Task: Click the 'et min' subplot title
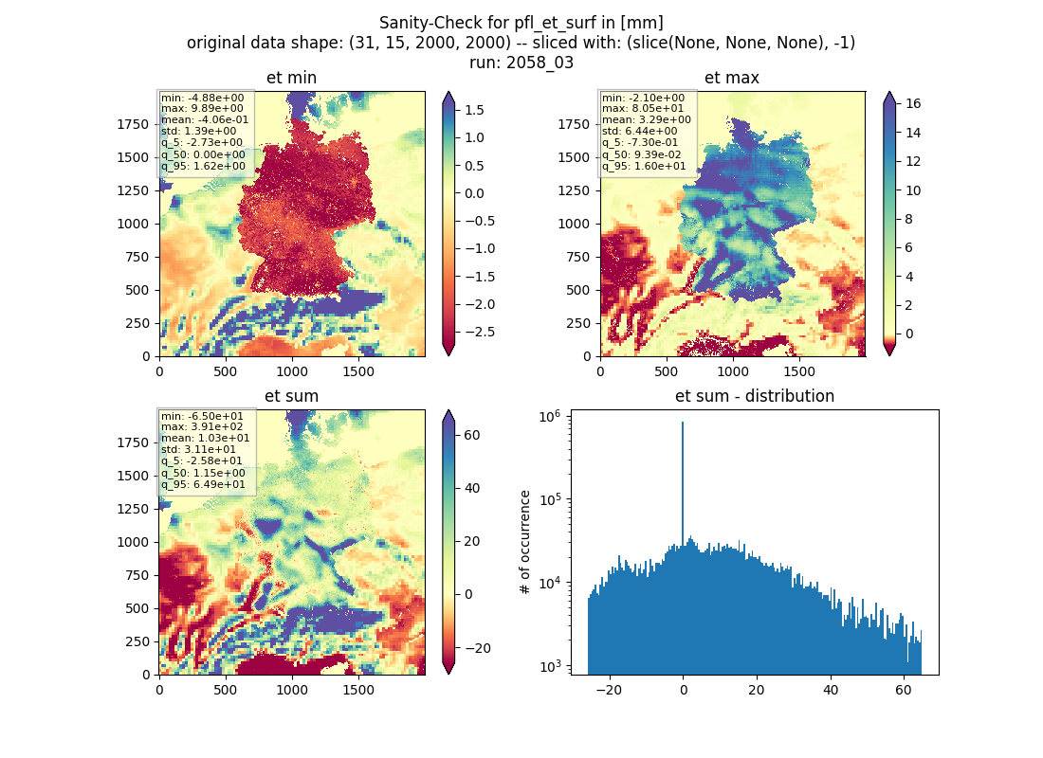pyautogui.click(x=291, y=78)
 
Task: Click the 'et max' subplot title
pyautogui.click(x=732, y=78)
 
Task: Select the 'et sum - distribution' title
pyautogui.click(x=755, y=396)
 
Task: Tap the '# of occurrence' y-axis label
pyautogui.click(x=525, y=543)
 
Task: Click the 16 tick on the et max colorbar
pyautogui.click(x=913, y=103)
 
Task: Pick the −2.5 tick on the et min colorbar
pyautogui.click(x=480, y=332)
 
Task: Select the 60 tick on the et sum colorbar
pyautogui.click(x=472, y=435)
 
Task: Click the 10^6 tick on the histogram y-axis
pyautogui.click(x=550, y=416)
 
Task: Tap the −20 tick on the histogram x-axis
pyautogui.click(x=610, y=690)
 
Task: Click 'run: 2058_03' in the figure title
pyautogui.click(x=521, y=63)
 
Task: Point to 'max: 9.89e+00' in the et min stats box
pyautogui.click(x=202, y=108)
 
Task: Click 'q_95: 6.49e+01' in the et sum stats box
pyautogui.click(x=203, y=485)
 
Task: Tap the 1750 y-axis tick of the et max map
pyautogui.click(x=574, y=124)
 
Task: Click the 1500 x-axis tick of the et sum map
pyautogui.click(x=358, y=690)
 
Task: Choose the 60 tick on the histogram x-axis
pyautogui.click(x=904, y=690)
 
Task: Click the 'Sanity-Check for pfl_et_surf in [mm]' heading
pyautogui.click(x=521, y=23)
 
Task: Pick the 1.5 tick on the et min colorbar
pyautogui.click(x=474, y=110)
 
